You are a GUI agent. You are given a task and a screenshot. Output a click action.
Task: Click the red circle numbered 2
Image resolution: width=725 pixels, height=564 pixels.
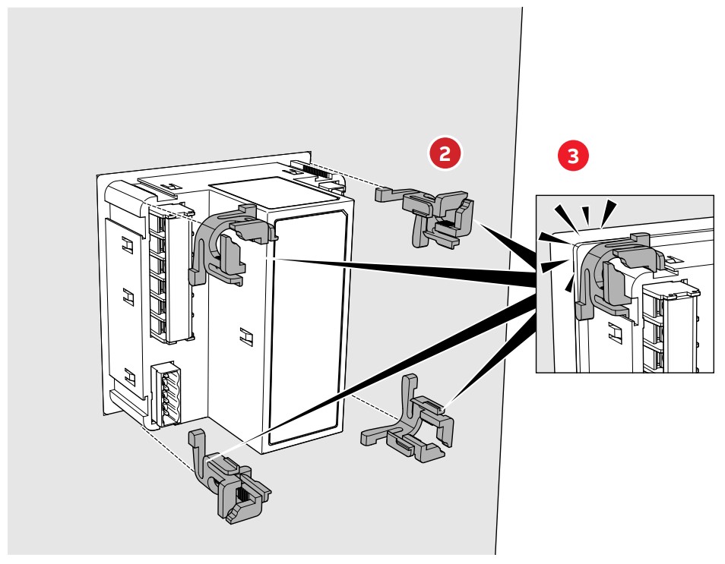click(x=445, y=152)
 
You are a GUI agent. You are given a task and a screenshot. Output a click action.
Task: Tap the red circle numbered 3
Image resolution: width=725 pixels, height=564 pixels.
click(x=572, y=156)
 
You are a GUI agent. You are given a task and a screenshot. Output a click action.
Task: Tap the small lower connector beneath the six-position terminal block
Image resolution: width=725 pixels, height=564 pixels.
click(x=167, y=392)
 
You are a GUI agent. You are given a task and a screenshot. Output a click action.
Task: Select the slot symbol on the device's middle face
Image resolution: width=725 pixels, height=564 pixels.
click(x=245, y=334)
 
